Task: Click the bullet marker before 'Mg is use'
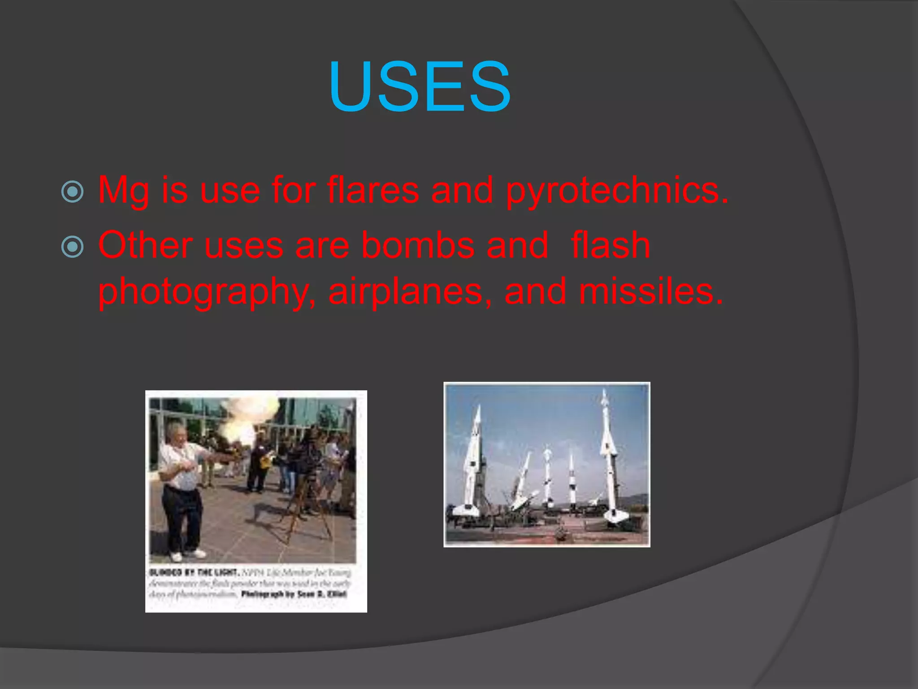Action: [72, 192]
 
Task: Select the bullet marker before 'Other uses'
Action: [72, 246]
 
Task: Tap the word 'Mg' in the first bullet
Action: [123, 191]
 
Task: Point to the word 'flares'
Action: [373, 190]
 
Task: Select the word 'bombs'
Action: [418, 245]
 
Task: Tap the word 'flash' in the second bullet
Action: [611, 245]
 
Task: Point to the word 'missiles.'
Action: [650, 292]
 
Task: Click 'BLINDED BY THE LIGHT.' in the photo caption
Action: [194, 572]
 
